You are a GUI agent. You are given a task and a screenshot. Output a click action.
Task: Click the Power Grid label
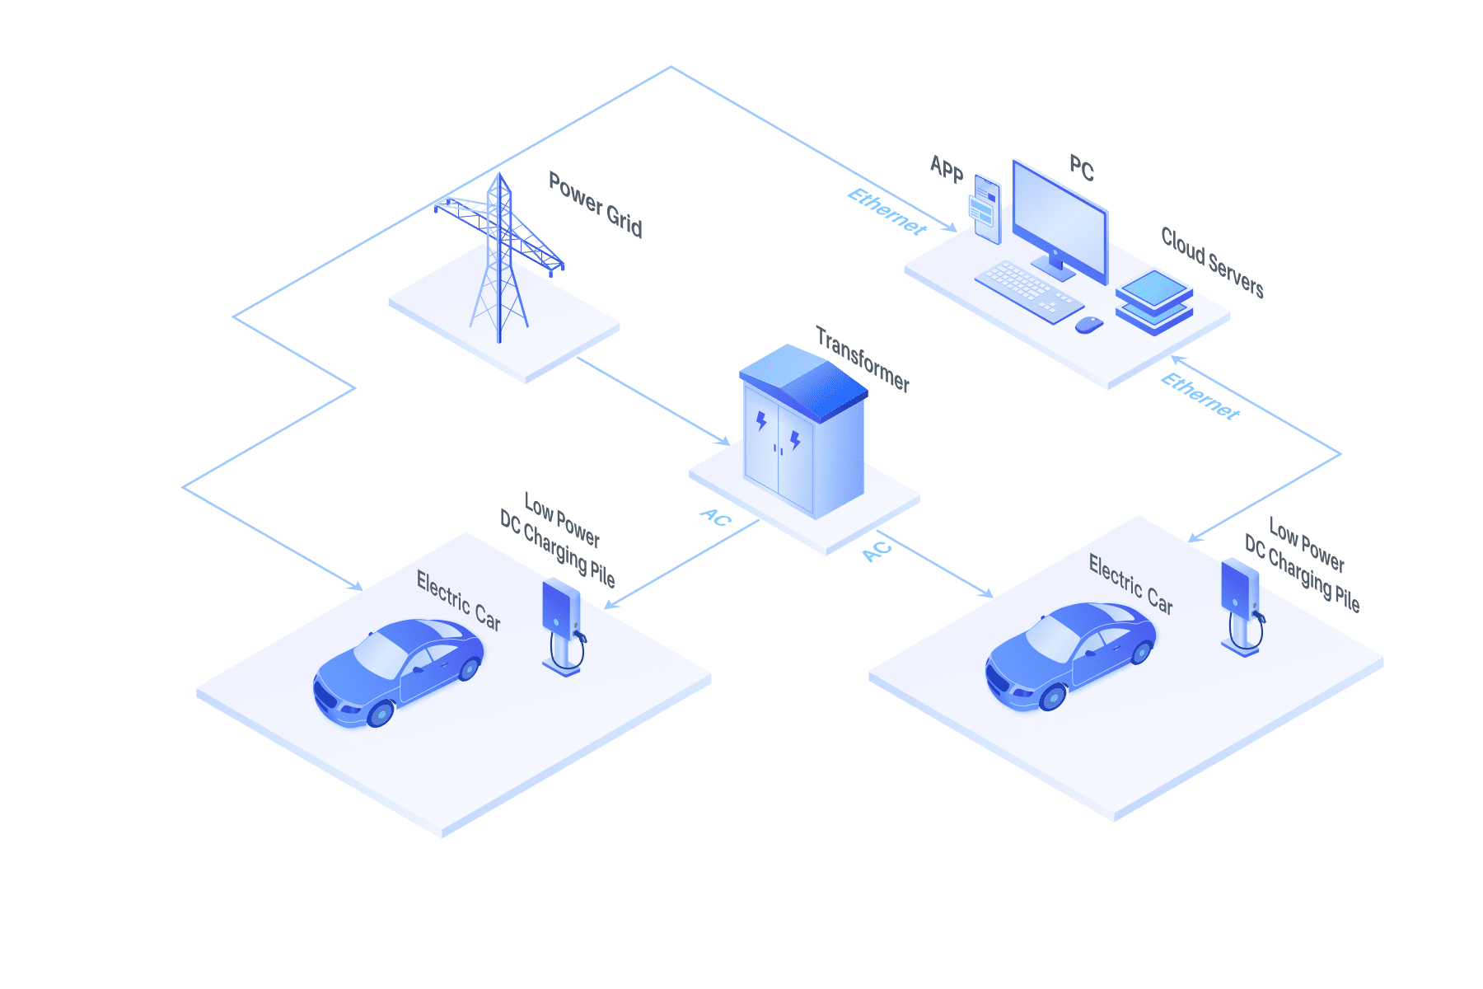click(x=596, y=204)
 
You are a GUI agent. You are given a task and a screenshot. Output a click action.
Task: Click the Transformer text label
click(x=863, y=359)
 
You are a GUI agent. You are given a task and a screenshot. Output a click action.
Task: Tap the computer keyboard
click(x=1028, y=292)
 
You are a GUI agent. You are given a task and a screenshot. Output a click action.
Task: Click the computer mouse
click(x=1089, y=325)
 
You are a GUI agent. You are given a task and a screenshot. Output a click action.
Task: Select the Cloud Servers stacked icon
click(x=1154, y=302)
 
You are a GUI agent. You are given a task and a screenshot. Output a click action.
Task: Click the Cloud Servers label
click(x=1212, y=262)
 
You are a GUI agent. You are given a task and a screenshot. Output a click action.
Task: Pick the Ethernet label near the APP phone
click(x=887, y=212)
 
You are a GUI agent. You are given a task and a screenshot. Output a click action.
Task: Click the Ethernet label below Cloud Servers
click(x=1200, y=396)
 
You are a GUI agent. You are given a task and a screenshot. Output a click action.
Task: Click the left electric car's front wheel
click(x=380, y=713)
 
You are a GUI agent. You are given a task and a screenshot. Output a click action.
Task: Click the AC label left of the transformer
click(x=715, y=517)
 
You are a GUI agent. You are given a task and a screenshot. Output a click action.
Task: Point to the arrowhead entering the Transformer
click(x=723, y=441)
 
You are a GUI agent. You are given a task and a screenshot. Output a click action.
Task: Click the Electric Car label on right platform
click(x=1130, y=584)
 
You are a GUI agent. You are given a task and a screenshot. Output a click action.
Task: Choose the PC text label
click(x=1082, y=168)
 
